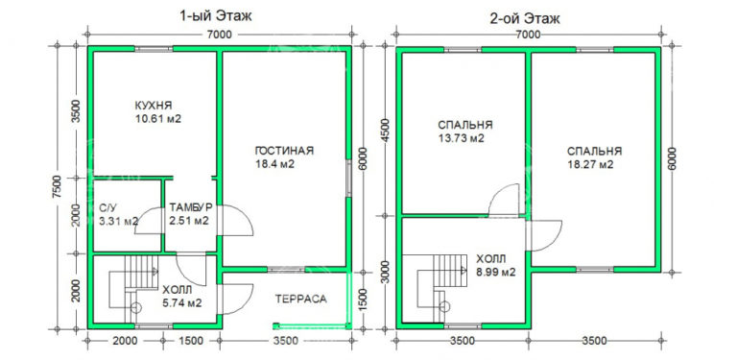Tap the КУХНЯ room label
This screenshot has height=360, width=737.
[154, 106]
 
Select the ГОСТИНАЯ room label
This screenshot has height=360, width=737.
[285, 151]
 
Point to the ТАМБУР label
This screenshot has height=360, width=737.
[190, 208]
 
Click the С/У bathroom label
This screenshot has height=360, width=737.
[108, 208]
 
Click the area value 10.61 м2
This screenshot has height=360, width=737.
[159, 119]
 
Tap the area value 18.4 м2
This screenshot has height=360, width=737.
[274, 164]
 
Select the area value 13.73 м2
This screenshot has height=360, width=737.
[461, 138]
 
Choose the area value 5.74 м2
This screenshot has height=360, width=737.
[181, 302]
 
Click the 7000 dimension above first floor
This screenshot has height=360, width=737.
[218, 34]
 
